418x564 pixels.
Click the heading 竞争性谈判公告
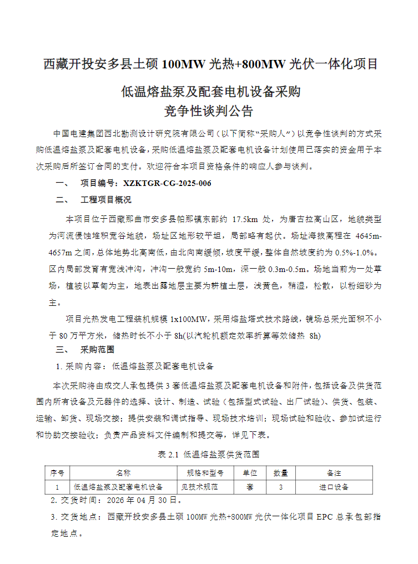point(209,111)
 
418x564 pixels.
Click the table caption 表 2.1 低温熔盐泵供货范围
point(209,454)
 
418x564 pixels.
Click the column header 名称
point(123,473)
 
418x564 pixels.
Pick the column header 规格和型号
point(204,473)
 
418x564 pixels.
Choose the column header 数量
point(280,473)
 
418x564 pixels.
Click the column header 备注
point(334,473)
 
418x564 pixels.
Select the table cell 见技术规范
point(200,487)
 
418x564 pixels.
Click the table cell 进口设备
point(334,487)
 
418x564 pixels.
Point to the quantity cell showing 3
point(280,487)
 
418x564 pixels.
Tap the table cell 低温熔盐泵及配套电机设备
point(118,487)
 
